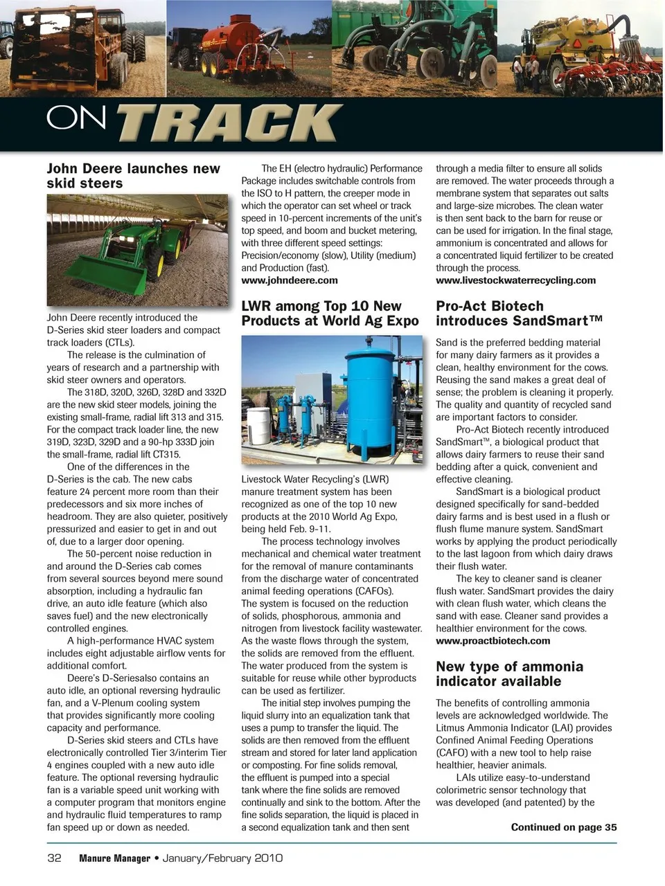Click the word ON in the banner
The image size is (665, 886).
click(76, 118)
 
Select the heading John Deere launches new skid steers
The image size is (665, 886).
click(133, 176)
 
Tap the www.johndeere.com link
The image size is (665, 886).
click(290, 280)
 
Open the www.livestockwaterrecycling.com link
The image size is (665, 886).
click(515, 280)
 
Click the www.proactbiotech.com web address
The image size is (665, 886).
click(493, 640)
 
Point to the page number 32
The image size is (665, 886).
click(54, 858)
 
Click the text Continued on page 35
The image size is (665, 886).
click(563, 827)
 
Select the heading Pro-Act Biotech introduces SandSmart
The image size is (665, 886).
click(519, 314)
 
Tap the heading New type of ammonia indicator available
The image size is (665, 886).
click(509, 673)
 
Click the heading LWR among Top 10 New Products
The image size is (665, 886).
click(330, 314)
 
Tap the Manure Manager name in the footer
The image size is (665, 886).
click(114, 858)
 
